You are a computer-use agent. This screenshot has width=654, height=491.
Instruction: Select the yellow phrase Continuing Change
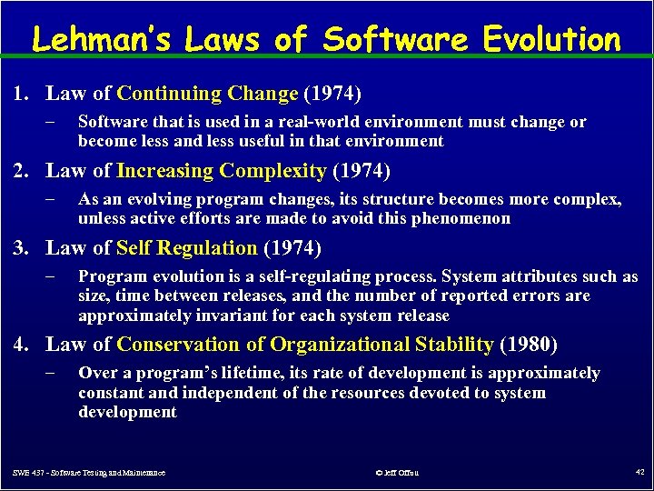point(208,94)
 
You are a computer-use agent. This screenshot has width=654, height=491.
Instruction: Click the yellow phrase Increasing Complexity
point(222,171)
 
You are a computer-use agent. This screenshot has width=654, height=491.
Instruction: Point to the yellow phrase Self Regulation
point(187,248)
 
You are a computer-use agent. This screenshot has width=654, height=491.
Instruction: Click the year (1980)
point(529,345)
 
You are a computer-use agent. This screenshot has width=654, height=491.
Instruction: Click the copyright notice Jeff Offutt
point(397,473)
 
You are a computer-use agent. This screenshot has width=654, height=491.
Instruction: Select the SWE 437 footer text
point(89,473)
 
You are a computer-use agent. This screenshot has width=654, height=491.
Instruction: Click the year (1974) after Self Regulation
point(292,248)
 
